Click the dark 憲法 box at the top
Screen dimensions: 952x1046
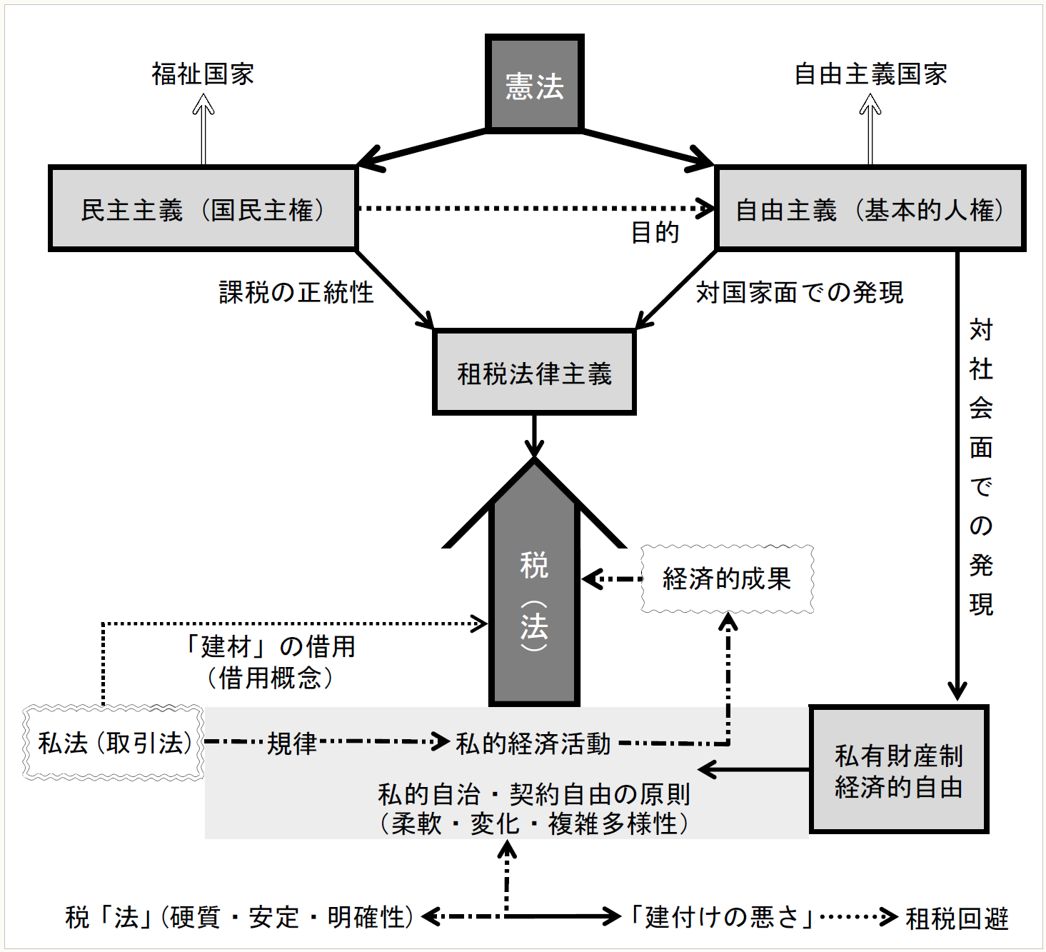534,84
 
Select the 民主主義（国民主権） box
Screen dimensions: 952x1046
203,209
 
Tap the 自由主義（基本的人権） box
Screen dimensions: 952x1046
870,209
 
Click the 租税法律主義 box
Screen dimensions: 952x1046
534,373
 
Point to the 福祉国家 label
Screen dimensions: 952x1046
203,74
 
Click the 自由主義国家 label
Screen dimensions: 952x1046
870,74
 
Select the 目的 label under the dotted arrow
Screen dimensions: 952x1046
655,232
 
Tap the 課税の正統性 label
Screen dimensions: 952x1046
296,292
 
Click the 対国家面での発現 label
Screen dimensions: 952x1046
800,292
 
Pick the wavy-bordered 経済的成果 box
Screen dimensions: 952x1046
727,578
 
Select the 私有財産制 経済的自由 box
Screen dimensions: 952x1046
899,770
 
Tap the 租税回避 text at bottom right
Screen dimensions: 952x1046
957,918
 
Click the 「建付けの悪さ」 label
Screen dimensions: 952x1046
722,917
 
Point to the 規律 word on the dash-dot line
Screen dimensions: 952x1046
292,743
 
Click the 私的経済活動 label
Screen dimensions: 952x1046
533,743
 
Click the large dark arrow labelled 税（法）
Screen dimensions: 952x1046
534,600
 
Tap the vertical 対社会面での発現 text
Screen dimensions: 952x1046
981,467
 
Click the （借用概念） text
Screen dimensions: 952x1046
271,678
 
